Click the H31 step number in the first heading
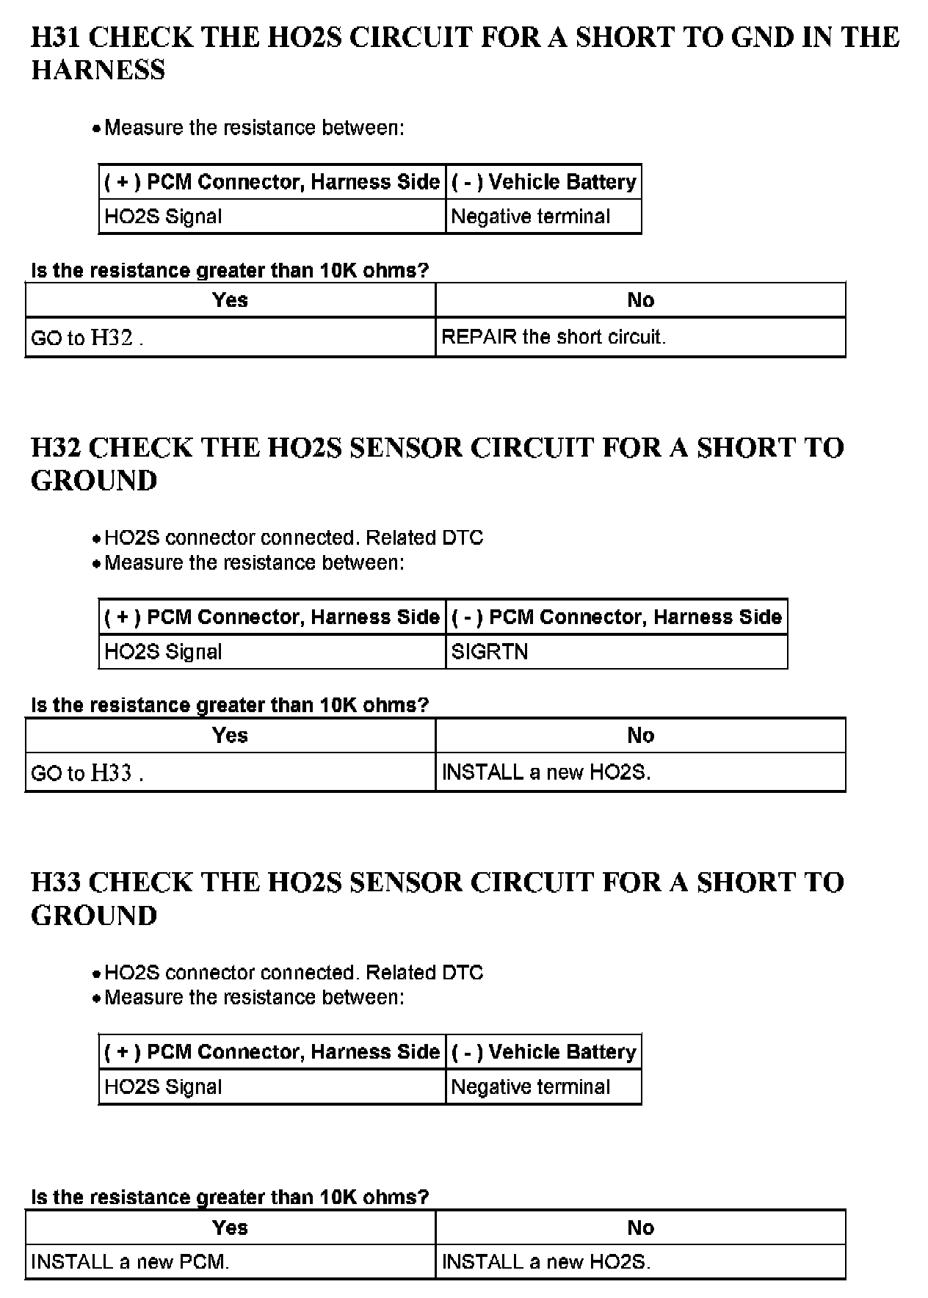55,37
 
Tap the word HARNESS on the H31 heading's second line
98,70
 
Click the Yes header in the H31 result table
230,300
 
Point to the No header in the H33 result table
640,1228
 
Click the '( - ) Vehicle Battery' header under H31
543,182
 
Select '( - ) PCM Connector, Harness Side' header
616,617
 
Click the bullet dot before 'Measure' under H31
96,130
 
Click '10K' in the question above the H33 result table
338,1197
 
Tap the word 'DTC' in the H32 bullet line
463,538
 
